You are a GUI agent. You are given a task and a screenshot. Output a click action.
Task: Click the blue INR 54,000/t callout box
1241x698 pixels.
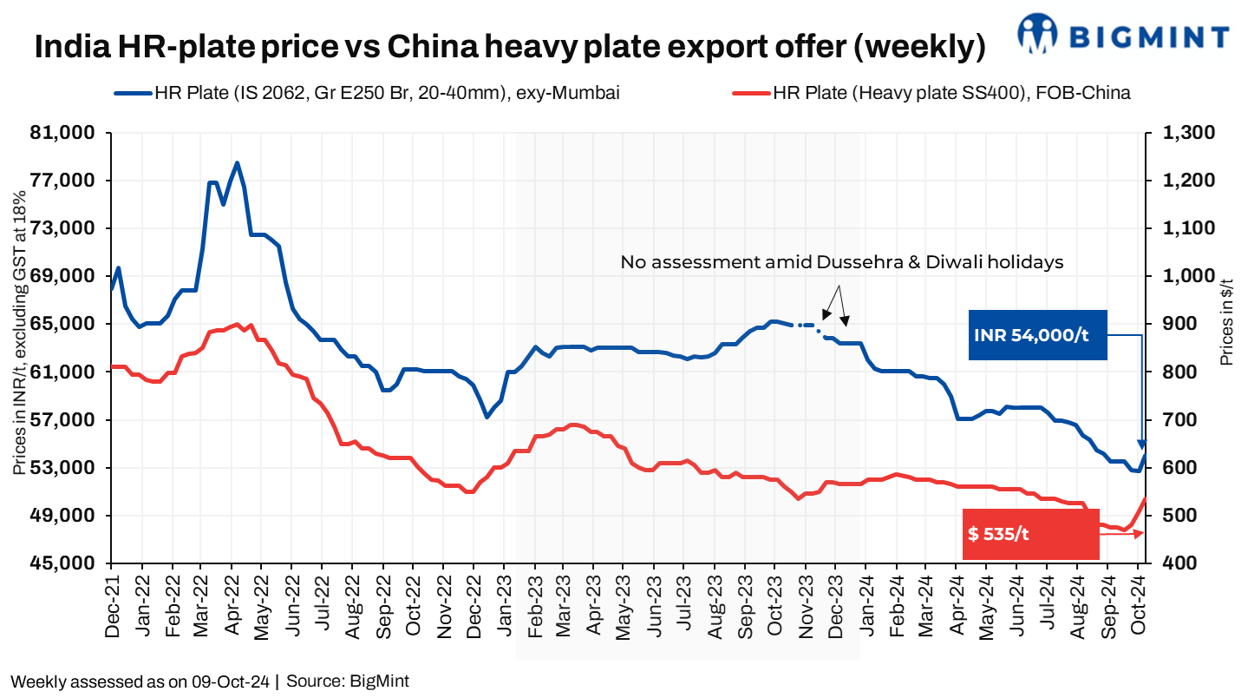click(1037, 335)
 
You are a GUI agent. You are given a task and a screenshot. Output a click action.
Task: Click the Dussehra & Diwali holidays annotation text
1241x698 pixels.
click(841, 262)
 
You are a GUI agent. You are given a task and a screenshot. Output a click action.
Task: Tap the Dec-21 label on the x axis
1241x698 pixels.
click(111, 608)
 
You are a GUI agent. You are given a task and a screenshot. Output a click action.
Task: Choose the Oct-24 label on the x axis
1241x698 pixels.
click(1140, 608)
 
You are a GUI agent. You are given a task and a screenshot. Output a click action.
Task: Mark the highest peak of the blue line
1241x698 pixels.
click(237, 162)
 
